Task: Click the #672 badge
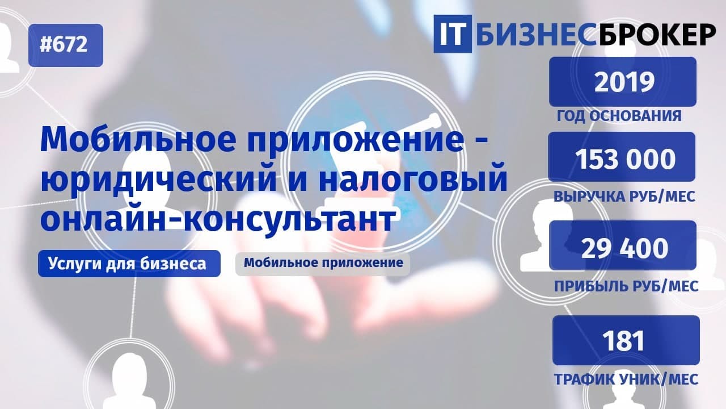[65, 45]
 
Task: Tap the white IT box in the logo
[452, 34]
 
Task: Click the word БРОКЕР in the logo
[656, 34]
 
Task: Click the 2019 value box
[622, 82]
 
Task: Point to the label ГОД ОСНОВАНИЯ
[619, 116]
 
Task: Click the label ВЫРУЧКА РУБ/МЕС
[624, 197]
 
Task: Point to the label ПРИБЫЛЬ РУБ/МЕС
[626, 286]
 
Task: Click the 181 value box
[626, 340]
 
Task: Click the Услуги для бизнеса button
[129, 264]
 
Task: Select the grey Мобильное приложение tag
[323, 264]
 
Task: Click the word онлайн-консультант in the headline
[217, 219]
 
